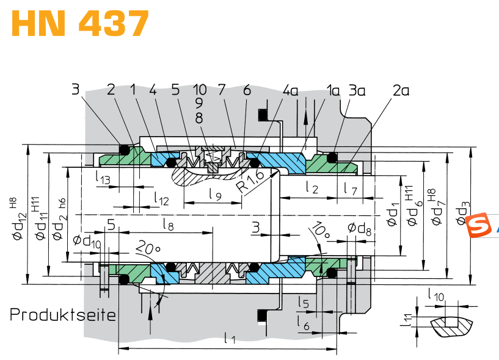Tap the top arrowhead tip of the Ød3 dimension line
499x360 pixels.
(x=470, y=147)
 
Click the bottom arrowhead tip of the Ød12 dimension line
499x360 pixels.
(x=27, y=284)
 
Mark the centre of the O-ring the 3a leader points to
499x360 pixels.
(x=332, y=157)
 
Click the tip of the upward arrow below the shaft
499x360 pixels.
(x=150, y=307)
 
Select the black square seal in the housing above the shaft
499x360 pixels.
(x=262, y=115)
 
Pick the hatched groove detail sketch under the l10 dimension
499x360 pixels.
(x=451, y=326)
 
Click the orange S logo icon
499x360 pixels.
(x=476, y=225)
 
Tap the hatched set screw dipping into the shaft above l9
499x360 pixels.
(x=213, y=160)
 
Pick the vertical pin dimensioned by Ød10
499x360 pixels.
(x=104, y=278)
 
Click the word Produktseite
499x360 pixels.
(x=63, y=314)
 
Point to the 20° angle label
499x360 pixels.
(x=148, y=248)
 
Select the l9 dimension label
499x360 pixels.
(x=215, y=194)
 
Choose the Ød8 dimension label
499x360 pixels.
(x=359, y=228)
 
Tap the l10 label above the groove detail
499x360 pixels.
(x=435, y=295)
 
